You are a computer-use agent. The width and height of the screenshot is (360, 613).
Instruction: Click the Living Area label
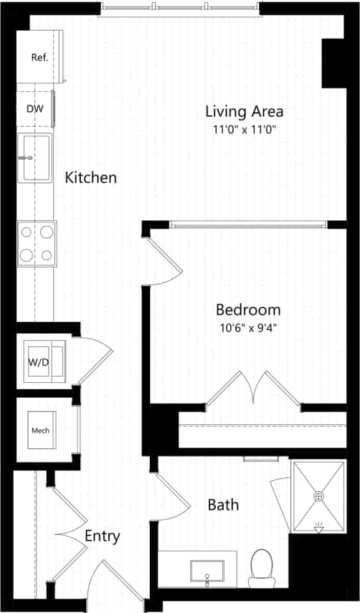[x=244, y=111]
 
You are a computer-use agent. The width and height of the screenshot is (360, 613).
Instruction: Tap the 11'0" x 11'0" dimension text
[x=244, y=130]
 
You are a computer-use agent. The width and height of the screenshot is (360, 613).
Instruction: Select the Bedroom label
[x=248, y=310]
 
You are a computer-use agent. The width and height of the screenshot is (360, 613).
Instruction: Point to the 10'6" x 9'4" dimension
[x=248, y=328]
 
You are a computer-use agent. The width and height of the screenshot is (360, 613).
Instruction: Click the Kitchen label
[x=91, y=178]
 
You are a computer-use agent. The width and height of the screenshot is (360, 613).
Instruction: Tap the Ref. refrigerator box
[x=39, y=57]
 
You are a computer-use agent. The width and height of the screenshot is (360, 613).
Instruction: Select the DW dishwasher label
[x=34, y=109]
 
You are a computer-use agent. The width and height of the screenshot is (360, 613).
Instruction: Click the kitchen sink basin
[x=34, y=158]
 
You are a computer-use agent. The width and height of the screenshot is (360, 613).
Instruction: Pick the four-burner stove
[x=37, y=243]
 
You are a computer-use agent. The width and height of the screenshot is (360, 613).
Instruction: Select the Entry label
[x=103, y=536]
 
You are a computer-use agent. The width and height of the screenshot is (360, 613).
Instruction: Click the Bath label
[x=223, y=505]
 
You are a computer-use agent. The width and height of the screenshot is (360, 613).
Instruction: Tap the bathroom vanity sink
[x=207, y=571]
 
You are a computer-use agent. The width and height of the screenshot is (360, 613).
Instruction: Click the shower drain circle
[x=319, y=495]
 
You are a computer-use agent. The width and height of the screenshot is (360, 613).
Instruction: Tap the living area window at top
[x=181, y=8]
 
